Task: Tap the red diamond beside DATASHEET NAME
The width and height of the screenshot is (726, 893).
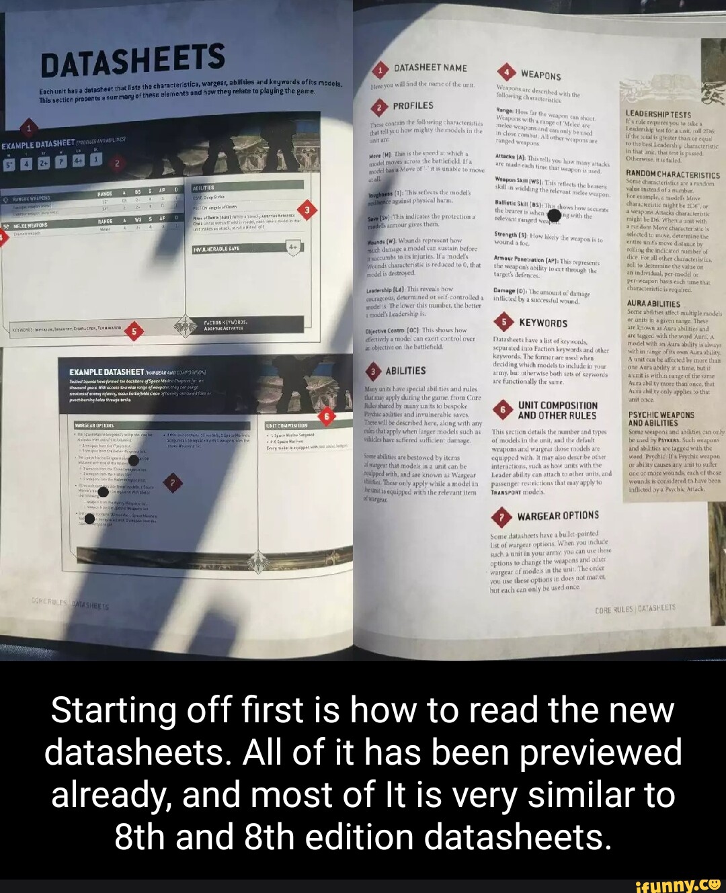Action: (x=381, y=71)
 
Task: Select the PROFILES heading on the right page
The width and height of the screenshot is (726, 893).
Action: (x=413, y=106)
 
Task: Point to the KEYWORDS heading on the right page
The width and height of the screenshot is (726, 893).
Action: (x=543, y=323)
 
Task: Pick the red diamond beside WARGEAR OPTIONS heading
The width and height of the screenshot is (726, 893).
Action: (x=501, y=517)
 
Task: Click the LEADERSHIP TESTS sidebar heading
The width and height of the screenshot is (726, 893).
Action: (x=657, y=114)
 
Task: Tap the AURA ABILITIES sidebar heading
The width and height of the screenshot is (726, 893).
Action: (x=653, y=304)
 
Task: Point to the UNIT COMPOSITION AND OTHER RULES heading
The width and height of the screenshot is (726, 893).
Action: (x=557, y=410)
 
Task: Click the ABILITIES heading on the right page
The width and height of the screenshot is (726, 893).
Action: (x=405, y=371)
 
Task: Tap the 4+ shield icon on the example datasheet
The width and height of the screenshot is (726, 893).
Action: (x=293, y=247)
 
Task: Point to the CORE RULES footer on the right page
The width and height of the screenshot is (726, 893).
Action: (x=635, y=609)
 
